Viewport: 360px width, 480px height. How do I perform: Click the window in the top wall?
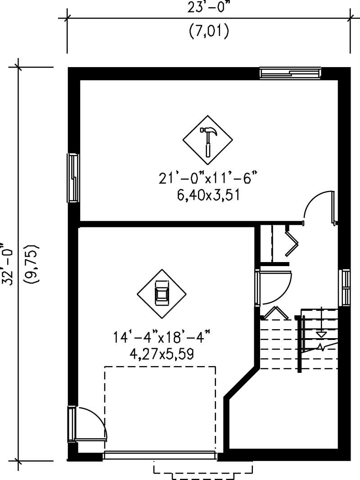[x=290, y=73]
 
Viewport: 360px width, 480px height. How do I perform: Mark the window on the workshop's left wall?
[x=73, y=177]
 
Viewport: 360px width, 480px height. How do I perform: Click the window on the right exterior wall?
[x=344, y=287]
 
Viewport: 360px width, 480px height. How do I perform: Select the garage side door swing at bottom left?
[x=92, y=423]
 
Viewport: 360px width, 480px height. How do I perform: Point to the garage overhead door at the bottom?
[x=160, y=455]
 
